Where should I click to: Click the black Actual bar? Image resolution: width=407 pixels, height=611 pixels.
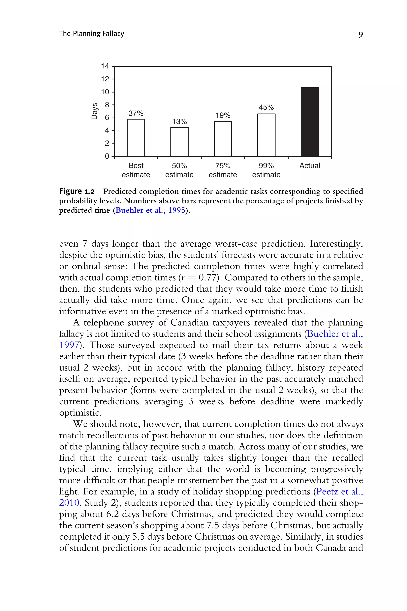tap(310, 122)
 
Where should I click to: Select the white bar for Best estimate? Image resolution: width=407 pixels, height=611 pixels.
tap(136, 138)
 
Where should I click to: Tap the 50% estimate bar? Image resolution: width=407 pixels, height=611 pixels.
tap(179, 142)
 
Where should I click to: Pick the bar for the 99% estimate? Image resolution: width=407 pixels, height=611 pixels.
tap(266, 135)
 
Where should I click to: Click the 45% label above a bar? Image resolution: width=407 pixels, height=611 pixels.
tap(266, 107)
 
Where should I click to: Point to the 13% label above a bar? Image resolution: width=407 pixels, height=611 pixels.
tap(179, 121)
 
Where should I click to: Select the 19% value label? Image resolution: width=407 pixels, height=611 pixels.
tap(223, 115)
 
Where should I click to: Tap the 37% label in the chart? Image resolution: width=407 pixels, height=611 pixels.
tap(136, 113)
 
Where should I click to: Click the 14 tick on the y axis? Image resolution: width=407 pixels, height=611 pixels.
tap(105, 66)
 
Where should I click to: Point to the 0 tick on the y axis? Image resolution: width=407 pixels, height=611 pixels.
tap(107, 156)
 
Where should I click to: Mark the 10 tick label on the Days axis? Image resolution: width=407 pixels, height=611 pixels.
tap(105, 92)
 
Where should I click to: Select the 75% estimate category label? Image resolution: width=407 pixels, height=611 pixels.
tap(223, 170)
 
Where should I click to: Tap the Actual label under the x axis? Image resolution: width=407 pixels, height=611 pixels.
tap(310, 166)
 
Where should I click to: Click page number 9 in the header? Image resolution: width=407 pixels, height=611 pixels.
tap(360, 34)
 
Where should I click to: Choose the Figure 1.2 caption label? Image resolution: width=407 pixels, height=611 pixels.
tap(77, 192)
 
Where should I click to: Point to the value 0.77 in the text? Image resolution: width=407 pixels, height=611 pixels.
tap(208, 277)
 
